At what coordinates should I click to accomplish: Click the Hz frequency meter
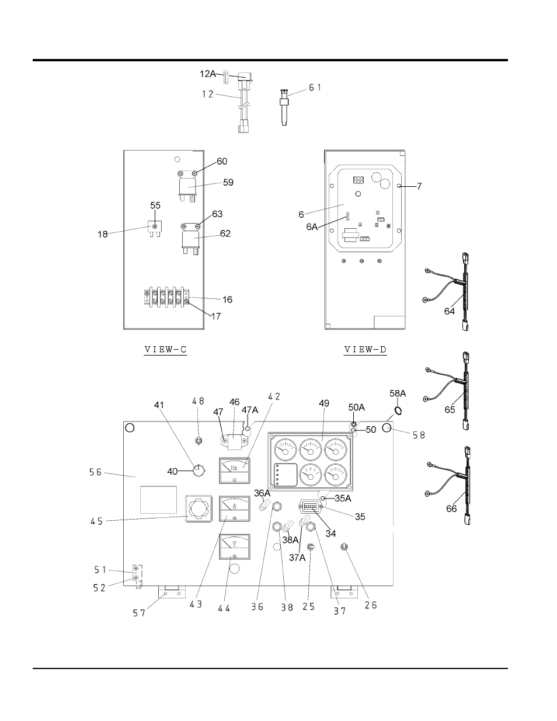(235, 470)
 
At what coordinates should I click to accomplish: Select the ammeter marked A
(235, 508)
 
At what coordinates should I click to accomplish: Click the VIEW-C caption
(166, 349)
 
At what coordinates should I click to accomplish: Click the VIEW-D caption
(365, 349)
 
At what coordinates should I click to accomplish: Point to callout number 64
(450, 311)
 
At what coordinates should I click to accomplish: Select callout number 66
(451, 508)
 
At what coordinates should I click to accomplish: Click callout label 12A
(208, 74)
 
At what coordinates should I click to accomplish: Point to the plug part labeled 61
(284, 107)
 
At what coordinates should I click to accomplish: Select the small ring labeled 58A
(398, 410)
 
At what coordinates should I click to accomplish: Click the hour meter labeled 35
(311, 507)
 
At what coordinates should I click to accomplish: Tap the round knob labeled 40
(199, 471)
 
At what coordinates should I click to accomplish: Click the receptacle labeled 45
(199, 508)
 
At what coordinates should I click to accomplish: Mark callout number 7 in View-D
(419, 186)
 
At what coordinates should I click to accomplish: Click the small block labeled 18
(154, 228)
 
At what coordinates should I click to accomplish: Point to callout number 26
(371, 605)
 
